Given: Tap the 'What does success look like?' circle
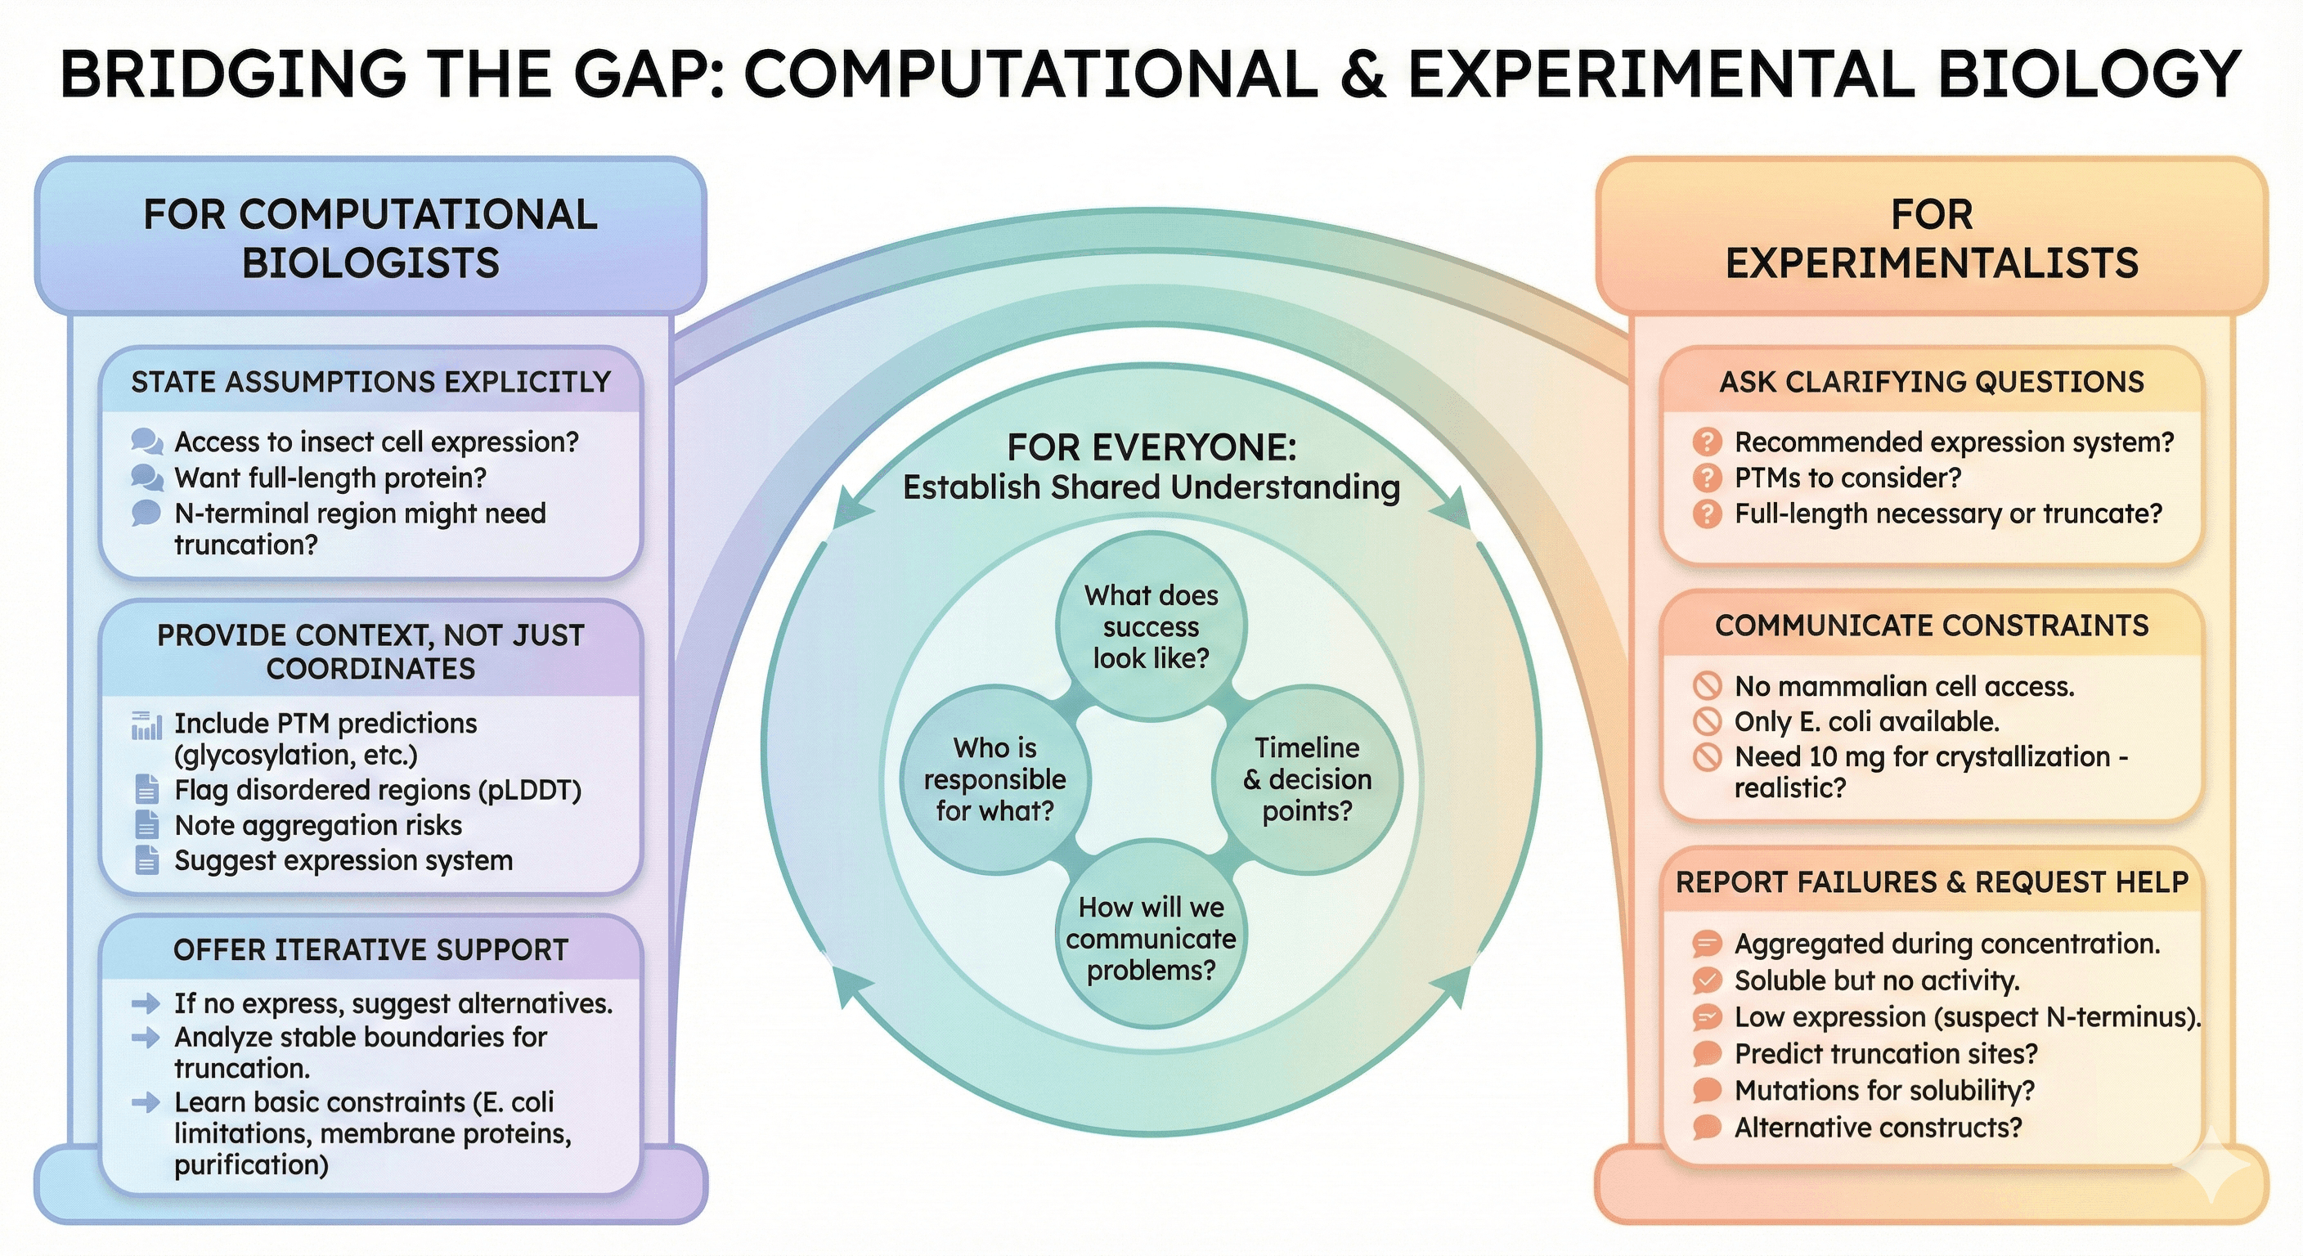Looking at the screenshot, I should click(1151, 626).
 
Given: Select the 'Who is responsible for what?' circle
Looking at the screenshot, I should click(994, 779).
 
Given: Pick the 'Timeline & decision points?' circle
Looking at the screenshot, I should click(1307, 779).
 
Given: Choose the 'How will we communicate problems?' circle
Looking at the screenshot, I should click(1151, 939).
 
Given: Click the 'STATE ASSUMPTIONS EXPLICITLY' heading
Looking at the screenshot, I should click(371, 383).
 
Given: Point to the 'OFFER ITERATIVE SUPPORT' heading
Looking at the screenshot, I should click(371, 949).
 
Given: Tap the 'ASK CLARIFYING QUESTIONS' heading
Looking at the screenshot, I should click(1931, 383).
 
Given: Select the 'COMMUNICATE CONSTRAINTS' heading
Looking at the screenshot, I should click(1931, 626).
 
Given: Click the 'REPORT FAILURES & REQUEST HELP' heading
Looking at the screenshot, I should click(1931, 882).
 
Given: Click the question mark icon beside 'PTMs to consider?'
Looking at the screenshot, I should click(1707, 478).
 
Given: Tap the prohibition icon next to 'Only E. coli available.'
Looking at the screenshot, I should click(1707, 721).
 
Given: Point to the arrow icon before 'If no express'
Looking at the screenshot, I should click(146, 1004).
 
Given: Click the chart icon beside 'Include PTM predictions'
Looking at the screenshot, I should click(146, 726).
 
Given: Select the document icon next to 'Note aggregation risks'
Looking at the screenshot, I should click(146, 825).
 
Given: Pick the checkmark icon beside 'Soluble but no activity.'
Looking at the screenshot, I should click(1707, 980).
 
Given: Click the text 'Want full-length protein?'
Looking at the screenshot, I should click(330, 478).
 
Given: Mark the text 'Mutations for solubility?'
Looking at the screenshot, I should click(1883, 1091).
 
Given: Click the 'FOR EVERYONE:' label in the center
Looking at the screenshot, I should click(1151, 447).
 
